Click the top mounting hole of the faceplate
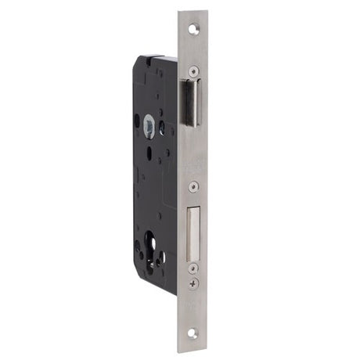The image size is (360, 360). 193,27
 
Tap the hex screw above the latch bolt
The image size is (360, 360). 193,71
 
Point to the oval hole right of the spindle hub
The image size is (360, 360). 160,128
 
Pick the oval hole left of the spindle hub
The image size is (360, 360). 137,121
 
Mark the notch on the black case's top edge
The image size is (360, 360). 147,56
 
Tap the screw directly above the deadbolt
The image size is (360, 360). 193,186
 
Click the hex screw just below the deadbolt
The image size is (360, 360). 193,268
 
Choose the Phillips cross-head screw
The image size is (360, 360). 193,283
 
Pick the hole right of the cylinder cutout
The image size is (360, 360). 162,256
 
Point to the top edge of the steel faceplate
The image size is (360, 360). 193,12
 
